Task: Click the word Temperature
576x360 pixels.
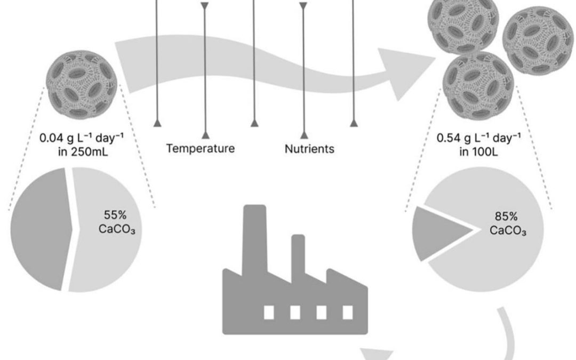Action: [200, 148]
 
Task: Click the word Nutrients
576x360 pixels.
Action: [309, 149]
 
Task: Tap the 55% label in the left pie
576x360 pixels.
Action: [115, 215]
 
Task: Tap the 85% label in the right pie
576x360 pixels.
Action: [506, 216]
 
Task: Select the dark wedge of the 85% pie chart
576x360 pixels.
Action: [437, 232]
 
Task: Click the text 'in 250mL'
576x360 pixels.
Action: [83, 151]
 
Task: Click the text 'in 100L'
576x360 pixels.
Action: [478, 151]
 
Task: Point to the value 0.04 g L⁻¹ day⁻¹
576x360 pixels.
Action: [82, 138]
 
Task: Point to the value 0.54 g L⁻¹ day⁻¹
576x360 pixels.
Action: [478, 138]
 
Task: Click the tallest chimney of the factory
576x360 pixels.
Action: [254, 239]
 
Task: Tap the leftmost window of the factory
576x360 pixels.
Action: [269, 312]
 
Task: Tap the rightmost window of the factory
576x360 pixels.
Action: [348, 312]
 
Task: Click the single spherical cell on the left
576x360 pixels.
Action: [82, 84]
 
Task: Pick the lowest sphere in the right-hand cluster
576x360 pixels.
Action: [478, 86]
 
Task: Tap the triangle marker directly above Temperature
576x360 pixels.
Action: [205, 135]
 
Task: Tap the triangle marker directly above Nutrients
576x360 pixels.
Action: [304, 135]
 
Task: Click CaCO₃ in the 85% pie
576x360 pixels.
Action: [508, 231]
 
